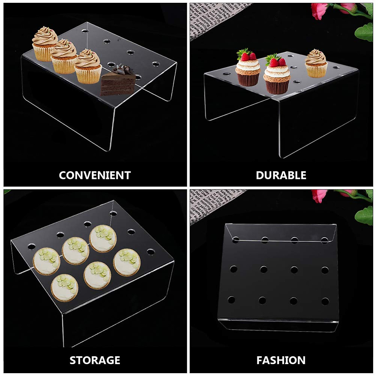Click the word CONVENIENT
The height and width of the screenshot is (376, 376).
(95, 175)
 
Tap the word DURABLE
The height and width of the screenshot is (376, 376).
(281, 175)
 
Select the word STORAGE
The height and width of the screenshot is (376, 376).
(95, 360)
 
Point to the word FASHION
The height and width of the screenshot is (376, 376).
(281, 360)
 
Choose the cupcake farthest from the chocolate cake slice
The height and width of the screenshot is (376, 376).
(45, 44)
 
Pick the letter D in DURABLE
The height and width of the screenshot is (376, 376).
(260, 175)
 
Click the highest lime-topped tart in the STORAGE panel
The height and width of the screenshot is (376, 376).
(103, 238)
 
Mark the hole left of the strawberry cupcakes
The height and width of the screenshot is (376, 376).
(227, 74)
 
